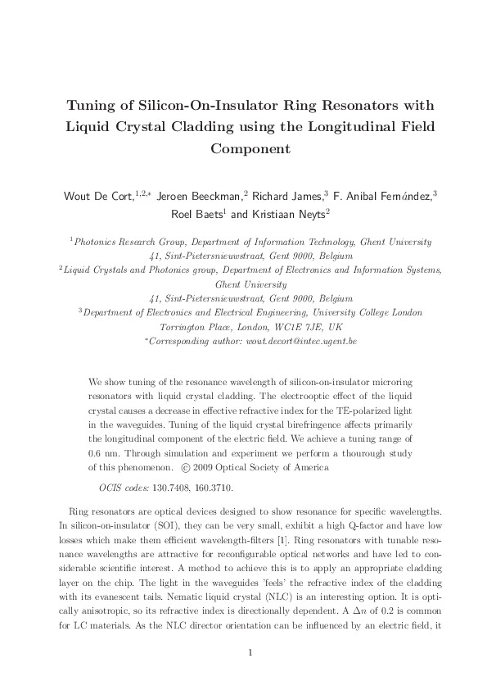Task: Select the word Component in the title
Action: click(x=243, y=149)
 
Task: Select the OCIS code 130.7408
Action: click(x=178, y=488)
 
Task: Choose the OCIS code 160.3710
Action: click(x=228, y=488)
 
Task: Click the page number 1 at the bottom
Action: click(x=243, y=651)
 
